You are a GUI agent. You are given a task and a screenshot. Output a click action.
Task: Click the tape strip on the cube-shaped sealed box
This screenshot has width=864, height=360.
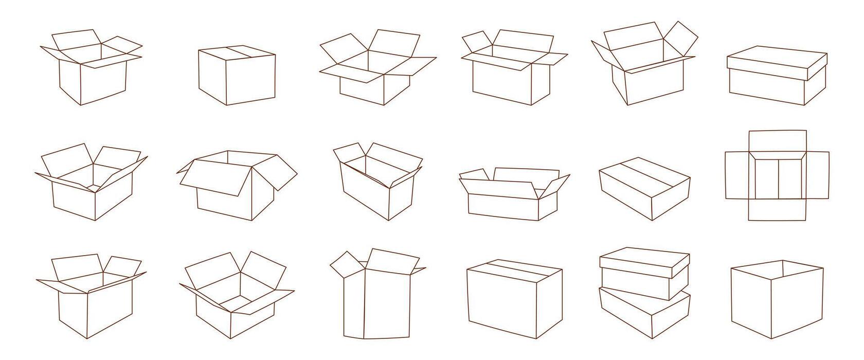coord(241,51)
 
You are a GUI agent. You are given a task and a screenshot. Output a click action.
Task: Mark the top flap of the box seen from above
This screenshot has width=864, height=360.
coord(777,141)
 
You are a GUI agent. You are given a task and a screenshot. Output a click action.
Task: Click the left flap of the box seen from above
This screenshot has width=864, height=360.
coord(736,175)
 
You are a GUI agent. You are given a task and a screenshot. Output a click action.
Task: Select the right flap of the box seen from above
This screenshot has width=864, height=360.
coord(817,175)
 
